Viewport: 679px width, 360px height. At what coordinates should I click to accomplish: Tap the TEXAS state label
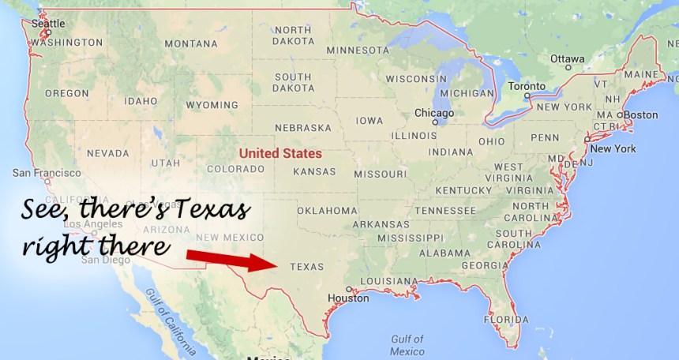[307, 267]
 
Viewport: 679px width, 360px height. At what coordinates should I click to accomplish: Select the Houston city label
[348, 298]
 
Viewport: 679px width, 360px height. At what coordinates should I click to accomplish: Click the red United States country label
[280, 154]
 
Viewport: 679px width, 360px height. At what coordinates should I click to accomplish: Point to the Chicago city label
[434, 113]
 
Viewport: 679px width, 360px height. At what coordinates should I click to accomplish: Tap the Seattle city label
[48, 24]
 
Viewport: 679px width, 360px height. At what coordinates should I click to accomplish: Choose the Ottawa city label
[567, 58]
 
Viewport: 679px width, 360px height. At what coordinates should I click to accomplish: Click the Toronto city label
[527, 86]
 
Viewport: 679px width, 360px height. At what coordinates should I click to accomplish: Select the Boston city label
[640, 114]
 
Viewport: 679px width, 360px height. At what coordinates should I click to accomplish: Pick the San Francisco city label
[46, 173]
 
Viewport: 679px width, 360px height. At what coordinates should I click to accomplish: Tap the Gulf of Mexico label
[407, 345]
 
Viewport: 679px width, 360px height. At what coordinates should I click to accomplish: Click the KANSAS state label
[314, 171]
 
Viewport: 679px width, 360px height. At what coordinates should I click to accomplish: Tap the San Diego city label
[103, 259]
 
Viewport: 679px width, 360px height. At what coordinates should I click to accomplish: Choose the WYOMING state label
[212, 105]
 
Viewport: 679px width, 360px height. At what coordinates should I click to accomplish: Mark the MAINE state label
[640, 74]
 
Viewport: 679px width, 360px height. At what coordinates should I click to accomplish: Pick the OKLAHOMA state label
[327, 211]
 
